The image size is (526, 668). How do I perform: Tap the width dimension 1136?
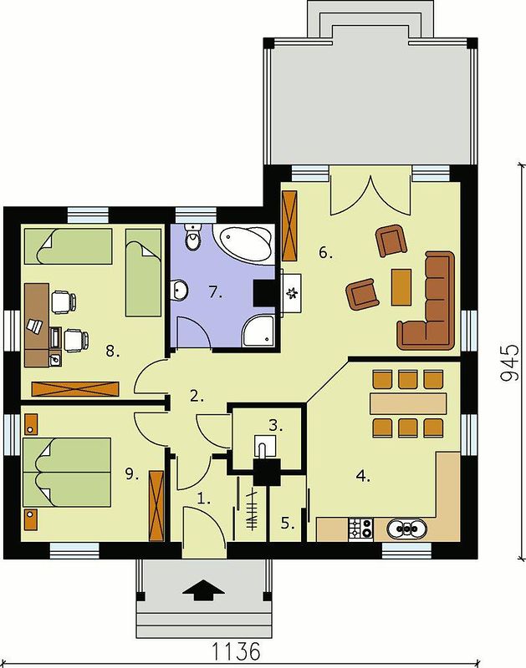[x=236, y=651]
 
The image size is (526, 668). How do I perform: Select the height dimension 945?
[x=509, y=362]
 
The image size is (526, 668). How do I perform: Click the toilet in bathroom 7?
[x=193, y=237]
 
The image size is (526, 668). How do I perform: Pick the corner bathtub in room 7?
[x=243, y=243]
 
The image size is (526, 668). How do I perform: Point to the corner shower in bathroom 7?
[x=258, y=331]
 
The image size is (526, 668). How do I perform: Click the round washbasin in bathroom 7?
[x=179, y=290]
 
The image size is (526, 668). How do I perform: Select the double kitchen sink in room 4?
[x=407, y=529]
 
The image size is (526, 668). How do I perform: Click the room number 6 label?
[x=325, y=253]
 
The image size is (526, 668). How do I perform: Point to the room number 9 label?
[x=132, y=473]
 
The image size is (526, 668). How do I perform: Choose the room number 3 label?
[x=276, y=425]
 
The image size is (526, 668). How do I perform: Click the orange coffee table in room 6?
[x=401, y=286]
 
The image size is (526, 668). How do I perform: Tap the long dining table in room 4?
[x=408, y=403]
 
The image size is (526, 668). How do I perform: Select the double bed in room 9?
[x=67, y=473]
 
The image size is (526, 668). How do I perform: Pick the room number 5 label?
[x=288, y=524]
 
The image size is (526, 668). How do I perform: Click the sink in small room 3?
[x=264, y=446]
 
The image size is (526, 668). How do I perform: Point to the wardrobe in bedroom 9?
[x=156, y=506]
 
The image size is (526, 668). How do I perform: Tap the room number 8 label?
[x=113, y=351]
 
